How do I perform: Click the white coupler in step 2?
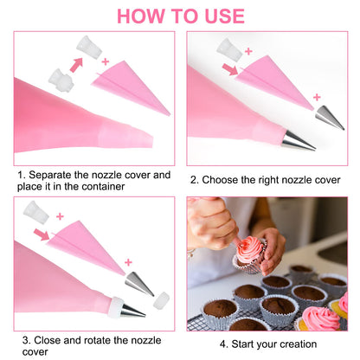click(x=229, y=48)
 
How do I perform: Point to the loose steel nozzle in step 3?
click(x=138, y=283)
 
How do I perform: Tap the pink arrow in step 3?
click(x=42, y=234)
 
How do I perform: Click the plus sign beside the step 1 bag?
click(x=106, y=62)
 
